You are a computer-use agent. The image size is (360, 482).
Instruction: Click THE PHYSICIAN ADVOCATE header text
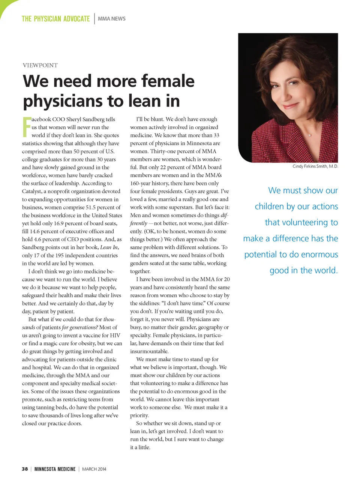[x=55, y=19]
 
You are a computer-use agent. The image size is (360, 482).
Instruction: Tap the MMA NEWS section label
[x=111, y=19]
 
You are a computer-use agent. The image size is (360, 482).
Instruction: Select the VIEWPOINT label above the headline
[x=40, y=65]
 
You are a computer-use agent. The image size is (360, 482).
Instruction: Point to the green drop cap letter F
[x=26, y=127]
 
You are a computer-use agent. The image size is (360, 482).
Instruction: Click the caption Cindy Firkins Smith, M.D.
[x=315, y=166]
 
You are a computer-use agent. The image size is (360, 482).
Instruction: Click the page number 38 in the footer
[x=25, y=469]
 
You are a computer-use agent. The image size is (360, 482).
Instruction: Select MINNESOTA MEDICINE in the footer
[x=55, y=469]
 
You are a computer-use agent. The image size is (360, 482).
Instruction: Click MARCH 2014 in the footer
[x=94, y=469]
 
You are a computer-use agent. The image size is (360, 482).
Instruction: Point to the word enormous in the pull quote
[x=319, y=255]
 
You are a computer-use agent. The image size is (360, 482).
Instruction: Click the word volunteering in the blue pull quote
[x=296, y=223]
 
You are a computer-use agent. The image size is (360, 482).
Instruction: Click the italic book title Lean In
[x=109, y=247]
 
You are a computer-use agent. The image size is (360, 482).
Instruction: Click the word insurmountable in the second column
[x=149, y=351]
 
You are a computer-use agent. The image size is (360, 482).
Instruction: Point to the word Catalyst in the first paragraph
[x=31, y=191]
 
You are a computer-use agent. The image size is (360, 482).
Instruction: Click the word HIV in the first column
[x=115, y=336]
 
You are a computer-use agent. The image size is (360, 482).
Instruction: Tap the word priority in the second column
[x=139, y=416]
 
